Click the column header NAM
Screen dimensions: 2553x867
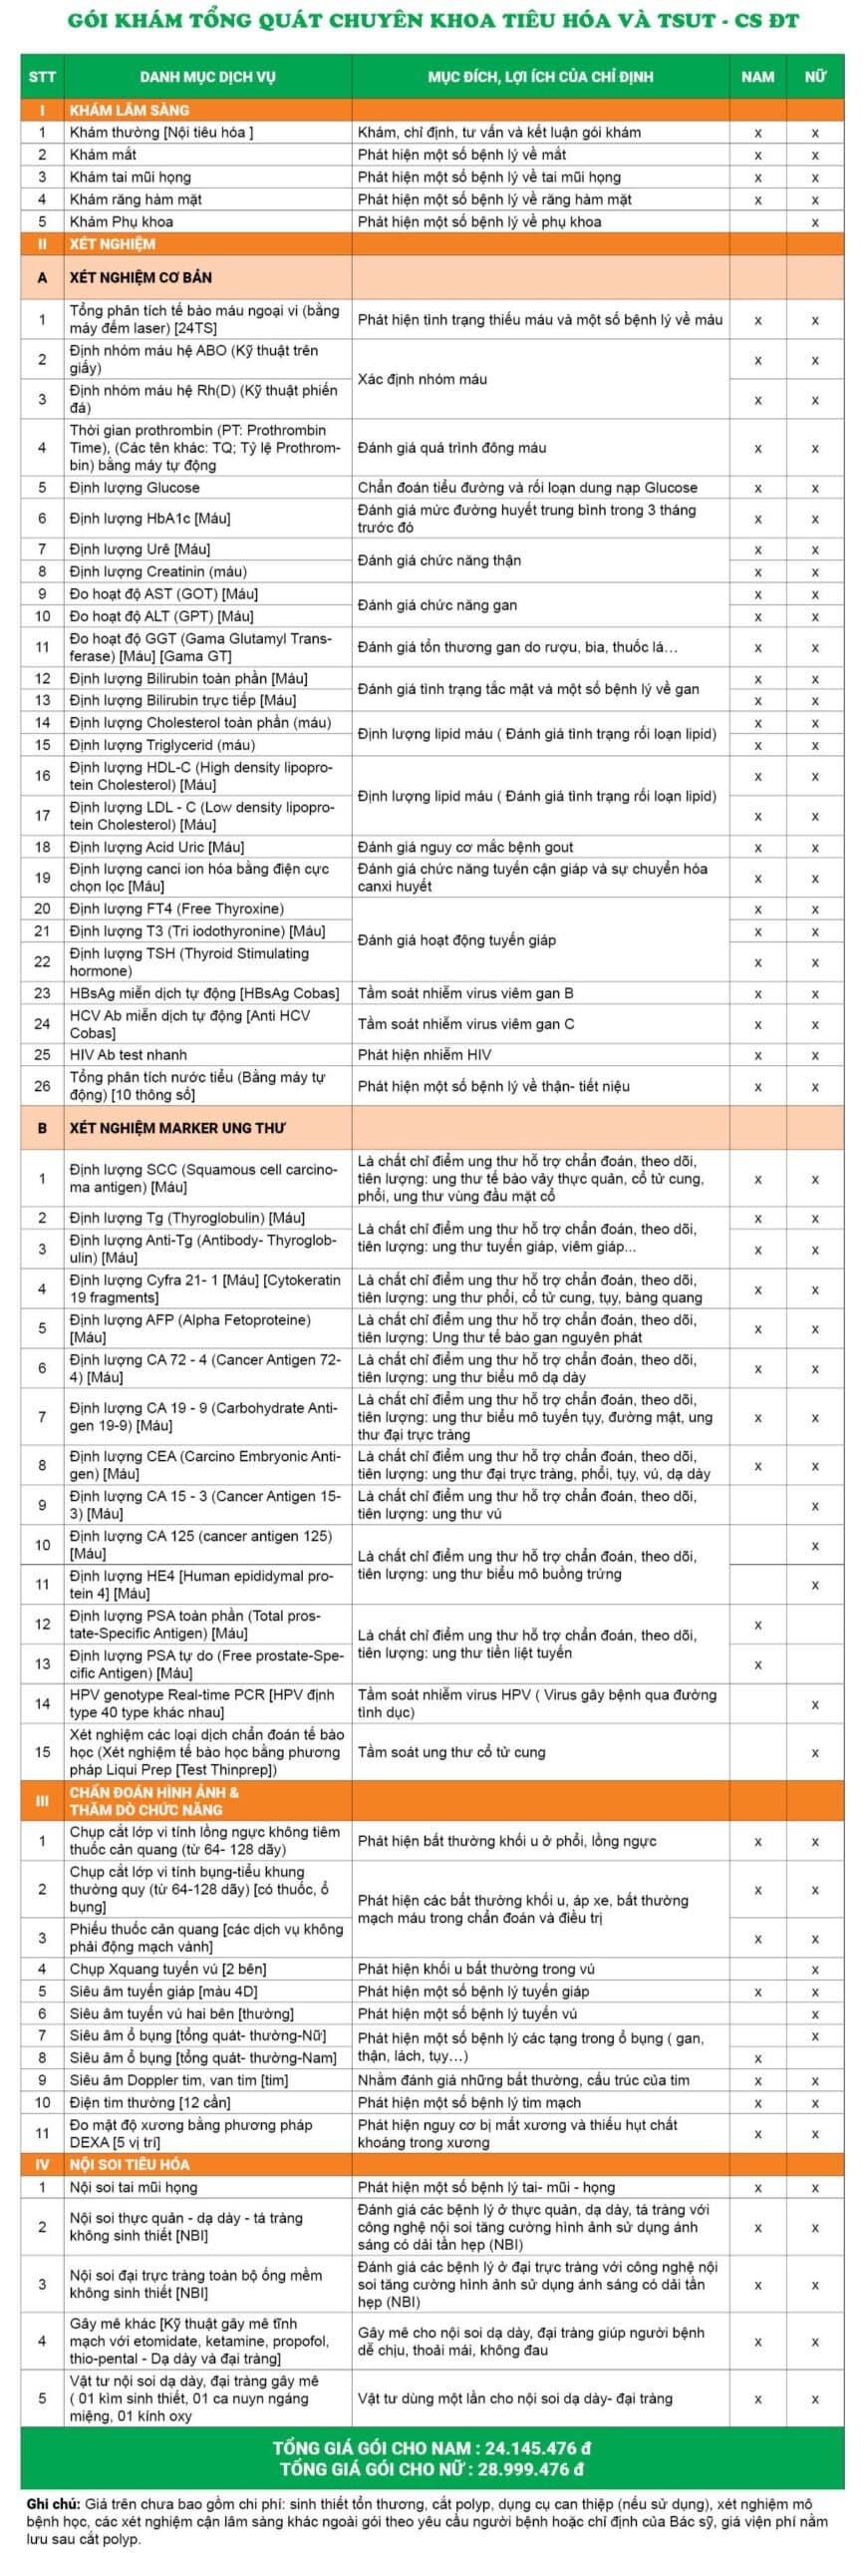click(x=757, y=77)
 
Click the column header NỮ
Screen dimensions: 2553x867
click(x=815, y=77)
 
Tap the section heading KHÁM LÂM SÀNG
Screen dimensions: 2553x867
click(x=129, y=110)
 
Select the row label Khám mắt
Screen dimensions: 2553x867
click(x=103, y=155)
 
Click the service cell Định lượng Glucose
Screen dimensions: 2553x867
click(x=135, y=488)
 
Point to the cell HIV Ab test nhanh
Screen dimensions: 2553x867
click(x=128, y=1054)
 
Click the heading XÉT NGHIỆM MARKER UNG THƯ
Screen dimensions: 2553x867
click(x=176, y=1128)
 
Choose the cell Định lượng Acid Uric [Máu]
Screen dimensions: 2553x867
click(x=156, y=847)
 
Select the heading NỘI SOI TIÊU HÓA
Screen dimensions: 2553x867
click(x=130, y=2164)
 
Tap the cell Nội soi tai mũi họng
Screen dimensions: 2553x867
click(x=134, y=2187)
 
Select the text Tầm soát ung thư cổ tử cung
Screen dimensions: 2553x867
click(x=451, y=1751)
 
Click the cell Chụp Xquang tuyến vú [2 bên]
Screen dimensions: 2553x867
click(x=167, y=1969)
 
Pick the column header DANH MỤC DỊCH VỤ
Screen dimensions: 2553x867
click(x=207, y=77)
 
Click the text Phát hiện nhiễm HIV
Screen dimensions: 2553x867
click(x=425, y=1054)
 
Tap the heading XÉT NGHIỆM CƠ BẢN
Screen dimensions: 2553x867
click(x=141, y=277)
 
